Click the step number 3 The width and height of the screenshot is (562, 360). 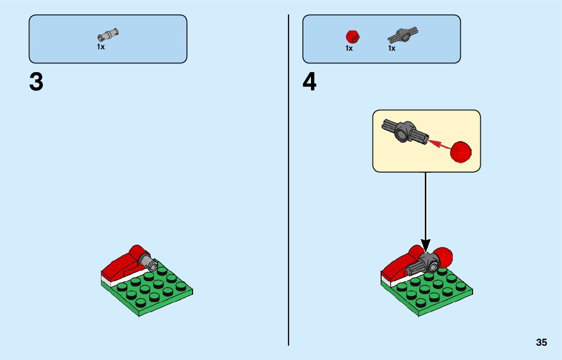click(36, 82)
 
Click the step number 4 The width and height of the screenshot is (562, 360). click(309, 82)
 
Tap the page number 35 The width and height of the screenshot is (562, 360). click(541, 343)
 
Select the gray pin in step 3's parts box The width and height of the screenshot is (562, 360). click(108, 35)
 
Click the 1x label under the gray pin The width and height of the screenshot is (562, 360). click(101, 47)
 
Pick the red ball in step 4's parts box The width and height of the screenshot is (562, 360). click(352, 36)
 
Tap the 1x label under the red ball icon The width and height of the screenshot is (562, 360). click(349, 48)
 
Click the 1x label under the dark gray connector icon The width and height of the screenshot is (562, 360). click(392, 48)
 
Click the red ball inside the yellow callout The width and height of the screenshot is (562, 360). click(461, 152)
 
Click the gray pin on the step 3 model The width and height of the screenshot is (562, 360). click(149, 261)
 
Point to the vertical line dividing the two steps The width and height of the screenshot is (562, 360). click(289, 203)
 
